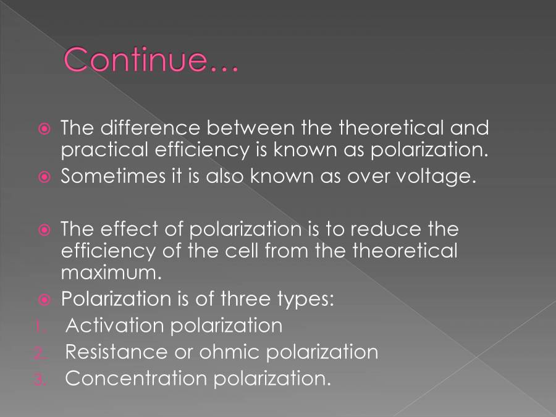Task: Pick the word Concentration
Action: (136, 378)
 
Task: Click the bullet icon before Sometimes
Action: (44, 177)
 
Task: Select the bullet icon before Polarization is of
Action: (44, 300)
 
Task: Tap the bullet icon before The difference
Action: (44, 129)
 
